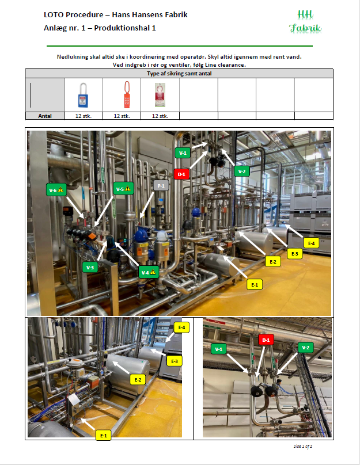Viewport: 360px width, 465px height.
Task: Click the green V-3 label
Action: [90, 268]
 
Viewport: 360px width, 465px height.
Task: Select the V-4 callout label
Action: [149, 272]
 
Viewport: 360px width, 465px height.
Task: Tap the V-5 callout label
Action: [123, 189]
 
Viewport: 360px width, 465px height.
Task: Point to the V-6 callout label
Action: [56, 190]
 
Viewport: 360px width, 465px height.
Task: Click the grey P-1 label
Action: [161, 186]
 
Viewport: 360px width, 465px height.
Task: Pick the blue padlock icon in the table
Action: [83, 95]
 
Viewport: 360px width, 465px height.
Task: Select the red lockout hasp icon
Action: [127, 94]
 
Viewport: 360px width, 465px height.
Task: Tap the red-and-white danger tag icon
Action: [160, 94]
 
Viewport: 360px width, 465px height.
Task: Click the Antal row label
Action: [45, 116]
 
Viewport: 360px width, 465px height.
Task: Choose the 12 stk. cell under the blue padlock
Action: [84, 116]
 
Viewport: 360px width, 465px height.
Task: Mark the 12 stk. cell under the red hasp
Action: [122, 116]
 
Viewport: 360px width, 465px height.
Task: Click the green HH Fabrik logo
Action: [305, 21]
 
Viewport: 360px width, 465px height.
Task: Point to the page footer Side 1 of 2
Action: [303, 446]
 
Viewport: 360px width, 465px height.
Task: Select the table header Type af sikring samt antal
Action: [179, 74]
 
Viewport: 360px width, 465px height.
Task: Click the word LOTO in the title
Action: [54, 15]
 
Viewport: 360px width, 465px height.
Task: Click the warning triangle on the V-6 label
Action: [60, 189]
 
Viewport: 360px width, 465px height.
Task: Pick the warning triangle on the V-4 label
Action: [153, 272]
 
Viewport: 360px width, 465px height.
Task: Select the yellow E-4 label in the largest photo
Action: [311, 243]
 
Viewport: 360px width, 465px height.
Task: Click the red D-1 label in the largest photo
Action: [181, 174]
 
